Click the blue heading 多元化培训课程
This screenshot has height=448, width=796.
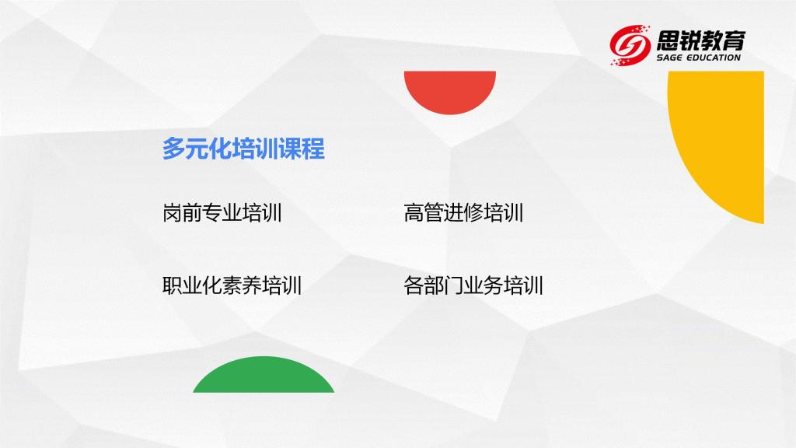pyautogui.click(x=243, y=149)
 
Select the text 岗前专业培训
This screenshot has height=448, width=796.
pyautogui.click(x=222, y=212)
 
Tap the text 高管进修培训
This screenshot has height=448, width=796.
pyautogui.click(x=463, y=212)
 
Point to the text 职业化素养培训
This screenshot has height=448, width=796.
pyautogui.click(x=232, y=285)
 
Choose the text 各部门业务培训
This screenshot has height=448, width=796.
pyautogui.click(x=473, y=285)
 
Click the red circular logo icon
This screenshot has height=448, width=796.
pyautogui.click(x=630, y=45)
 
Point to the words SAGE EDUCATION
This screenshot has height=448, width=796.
pyautogui.click(x=699, y=58)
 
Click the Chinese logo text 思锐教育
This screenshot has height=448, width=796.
pyautogui.click(x=701, y=40)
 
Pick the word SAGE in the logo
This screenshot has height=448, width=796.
pyautogui.click(x=669, y=58)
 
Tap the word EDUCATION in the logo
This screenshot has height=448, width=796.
pyautogui.click(x=714, y=58)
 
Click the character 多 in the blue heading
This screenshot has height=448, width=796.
pyautogui.click(x=173, y=149)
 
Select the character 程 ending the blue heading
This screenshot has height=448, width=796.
pyautogui.click(x=314, y=149)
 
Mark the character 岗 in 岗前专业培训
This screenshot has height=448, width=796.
pyautogui.click(x=172, y=212)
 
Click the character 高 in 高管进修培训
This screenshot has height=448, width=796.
pyautogui.click(x=414, y=212)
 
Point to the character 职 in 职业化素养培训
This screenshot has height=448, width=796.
pyautogui.click(x=172, y=285)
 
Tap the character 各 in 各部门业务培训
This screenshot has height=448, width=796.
pyautogui.click(x=414, y=285)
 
